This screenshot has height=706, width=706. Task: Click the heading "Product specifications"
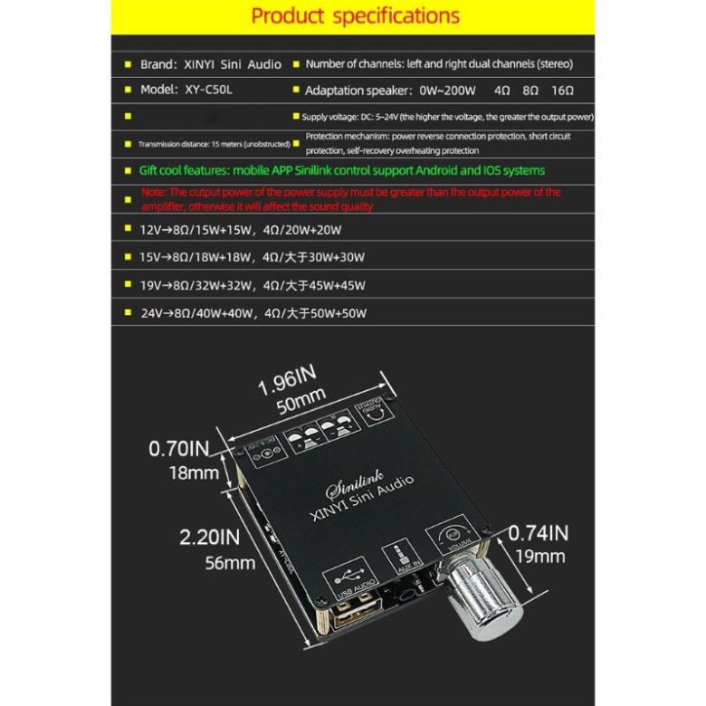point(355,16)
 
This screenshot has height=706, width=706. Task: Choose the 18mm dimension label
point(192,472)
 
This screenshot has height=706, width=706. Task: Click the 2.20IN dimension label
point(209,538)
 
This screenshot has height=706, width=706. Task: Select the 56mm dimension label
point(230,563)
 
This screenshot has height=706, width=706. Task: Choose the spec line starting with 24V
point(253,313)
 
